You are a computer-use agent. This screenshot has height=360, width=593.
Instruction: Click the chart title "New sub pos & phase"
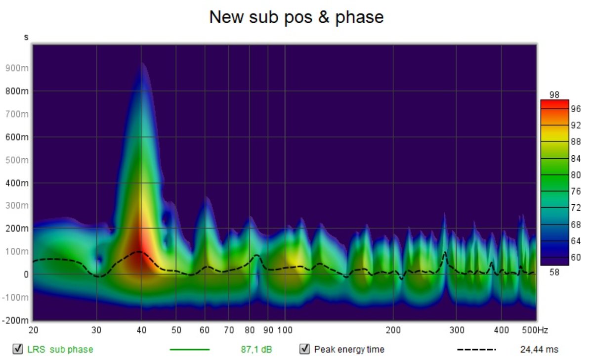click(x=296, y=17)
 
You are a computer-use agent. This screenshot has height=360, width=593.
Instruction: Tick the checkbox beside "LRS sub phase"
click(x=18, y=349)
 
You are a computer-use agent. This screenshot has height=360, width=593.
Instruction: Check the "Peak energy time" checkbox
click(x=305, y=349)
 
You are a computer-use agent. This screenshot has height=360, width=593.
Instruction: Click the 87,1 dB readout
click(x=256, y=349)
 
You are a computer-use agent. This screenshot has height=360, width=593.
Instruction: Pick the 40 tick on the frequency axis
click(x=141, y=330)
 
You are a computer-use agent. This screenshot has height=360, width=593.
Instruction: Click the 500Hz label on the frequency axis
click(x=535, y=330)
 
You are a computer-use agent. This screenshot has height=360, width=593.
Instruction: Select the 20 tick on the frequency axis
click(x=34, y=330)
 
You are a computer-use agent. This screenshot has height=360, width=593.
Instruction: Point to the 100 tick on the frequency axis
click(x=285, y=330)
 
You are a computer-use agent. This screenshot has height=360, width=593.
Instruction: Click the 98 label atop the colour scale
click(x=554, y=95)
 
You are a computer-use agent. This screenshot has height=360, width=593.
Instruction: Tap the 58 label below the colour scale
click(x=554, y=271)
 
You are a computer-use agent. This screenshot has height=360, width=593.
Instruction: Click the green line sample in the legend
click(x=189, y=349)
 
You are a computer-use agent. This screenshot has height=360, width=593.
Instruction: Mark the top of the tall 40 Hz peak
click(x=142, y=63)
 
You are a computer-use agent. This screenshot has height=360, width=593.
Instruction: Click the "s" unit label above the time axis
click(x=26, y=38)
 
